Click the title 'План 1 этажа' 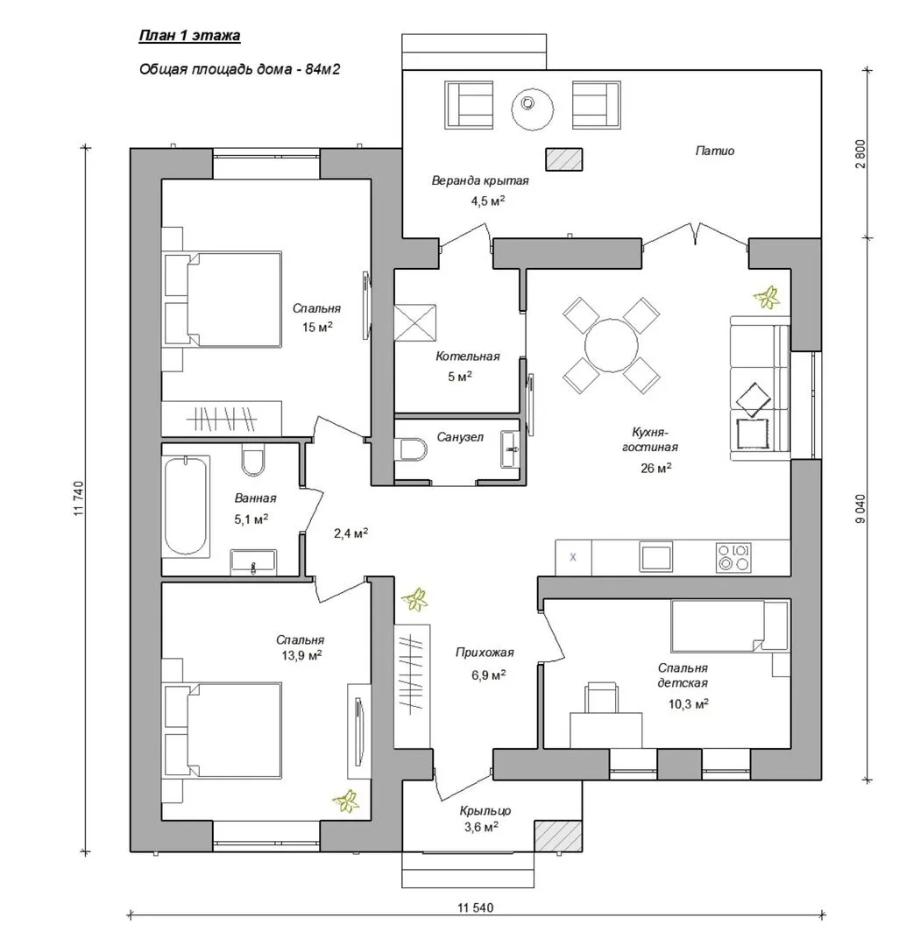tap(189, 36)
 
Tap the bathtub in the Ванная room tap(186, 505)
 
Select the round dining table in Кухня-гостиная tap(612, 346)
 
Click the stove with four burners tap(733, 557)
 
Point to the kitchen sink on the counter tap(656, 556)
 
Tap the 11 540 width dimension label tap(476, 907)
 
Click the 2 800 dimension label tap(860, 154)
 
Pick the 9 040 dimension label tap(860, 509)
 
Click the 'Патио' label tap(714, 151)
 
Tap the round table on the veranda tap(532, 109)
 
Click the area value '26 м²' tap(656, 468)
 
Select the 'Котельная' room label tap(468, 356)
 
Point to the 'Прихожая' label tap(485, 653)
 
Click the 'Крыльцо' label tap(485, 811)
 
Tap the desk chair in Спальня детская tap(602, 697)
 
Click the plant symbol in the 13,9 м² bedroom tap(346, 801)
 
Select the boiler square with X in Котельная tap(414, 324)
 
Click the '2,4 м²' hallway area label tap(350, 533)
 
